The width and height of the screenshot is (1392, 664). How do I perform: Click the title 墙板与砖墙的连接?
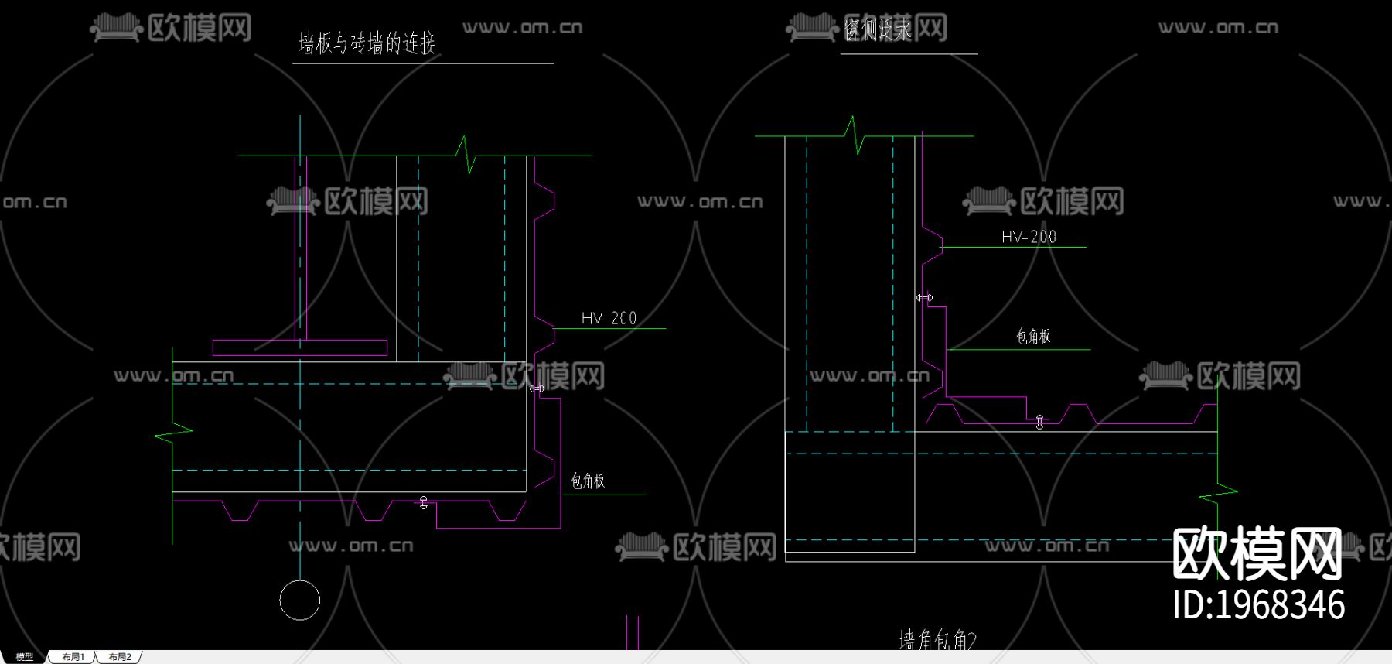367,43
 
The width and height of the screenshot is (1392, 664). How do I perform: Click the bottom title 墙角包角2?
937,640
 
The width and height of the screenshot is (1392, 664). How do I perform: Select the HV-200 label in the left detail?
609,318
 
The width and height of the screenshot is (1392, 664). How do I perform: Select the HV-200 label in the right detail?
1029,237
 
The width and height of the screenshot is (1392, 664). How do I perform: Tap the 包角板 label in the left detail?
588,481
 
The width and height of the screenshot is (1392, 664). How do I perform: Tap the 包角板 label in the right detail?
1033,336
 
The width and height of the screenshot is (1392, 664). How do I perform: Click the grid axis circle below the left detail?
299,600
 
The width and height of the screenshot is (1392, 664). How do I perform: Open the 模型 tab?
24,657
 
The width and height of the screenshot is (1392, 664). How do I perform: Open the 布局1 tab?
73,657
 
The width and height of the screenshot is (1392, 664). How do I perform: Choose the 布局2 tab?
120,657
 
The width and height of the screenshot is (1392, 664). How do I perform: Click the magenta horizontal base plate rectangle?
300,348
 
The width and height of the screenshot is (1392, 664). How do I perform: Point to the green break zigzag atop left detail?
466,155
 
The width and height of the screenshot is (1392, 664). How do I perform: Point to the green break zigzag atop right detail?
855,135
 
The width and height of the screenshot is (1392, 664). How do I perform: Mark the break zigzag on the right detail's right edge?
1217,492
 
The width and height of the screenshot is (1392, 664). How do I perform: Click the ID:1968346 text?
1258,605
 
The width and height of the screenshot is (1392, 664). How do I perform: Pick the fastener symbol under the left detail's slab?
423,503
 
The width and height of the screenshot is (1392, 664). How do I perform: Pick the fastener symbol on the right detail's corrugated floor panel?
1039,422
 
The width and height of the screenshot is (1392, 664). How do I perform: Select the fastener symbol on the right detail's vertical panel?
924,297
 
